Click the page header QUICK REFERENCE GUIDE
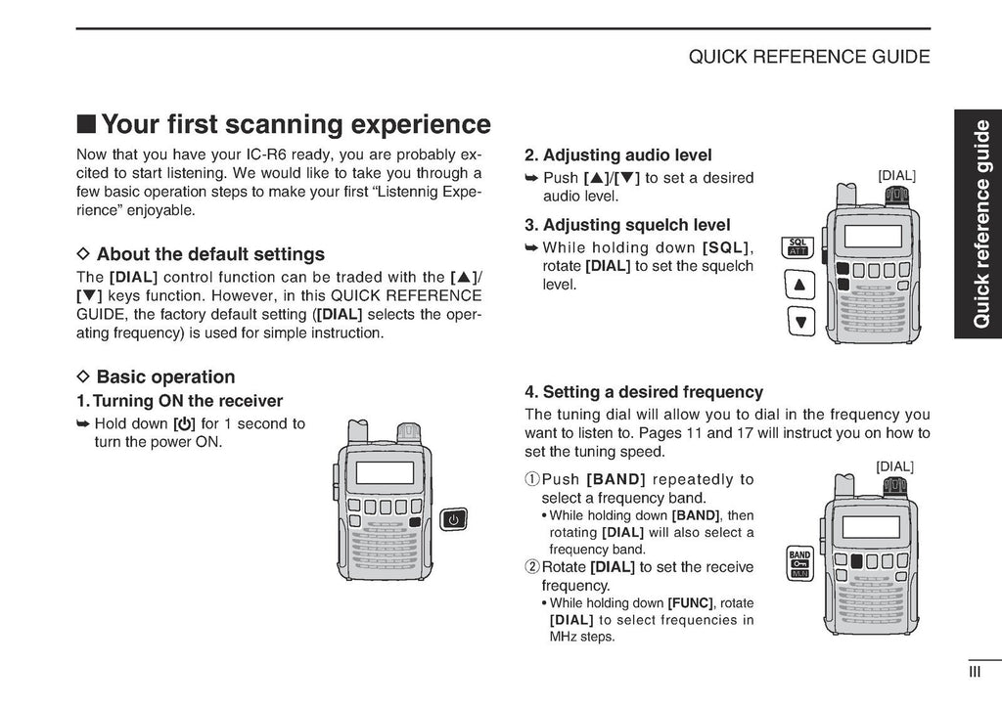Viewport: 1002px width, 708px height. (x=809, y=57)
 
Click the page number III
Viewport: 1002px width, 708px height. (x=975, y=672)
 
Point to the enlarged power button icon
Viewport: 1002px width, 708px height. (x=454, y=519)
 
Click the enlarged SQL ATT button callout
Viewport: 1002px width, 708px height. (x=797, y=247)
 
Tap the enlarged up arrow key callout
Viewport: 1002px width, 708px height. (x=799, y=285)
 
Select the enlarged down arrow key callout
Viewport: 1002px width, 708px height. (x=800, y=321)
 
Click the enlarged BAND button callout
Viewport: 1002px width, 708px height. (x=799, y=563)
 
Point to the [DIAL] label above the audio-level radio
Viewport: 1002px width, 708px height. (x=896, y=176)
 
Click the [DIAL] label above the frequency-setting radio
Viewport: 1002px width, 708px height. (x=894, y=466)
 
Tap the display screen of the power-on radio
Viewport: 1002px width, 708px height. (x=384, y=473)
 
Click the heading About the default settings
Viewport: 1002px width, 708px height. (x=210, y=254)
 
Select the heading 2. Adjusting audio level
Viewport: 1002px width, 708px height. (x=618, y=155)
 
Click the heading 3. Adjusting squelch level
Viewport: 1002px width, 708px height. (x=627, y=225)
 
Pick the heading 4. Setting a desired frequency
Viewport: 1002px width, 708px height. (x=644, y=391)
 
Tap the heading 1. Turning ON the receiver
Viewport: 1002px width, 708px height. (x=180, y=401)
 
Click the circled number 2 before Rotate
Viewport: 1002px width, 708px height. (x=532, y=567)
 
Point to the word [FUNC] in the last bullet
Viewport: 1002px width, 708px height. (x=690, y=603)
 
